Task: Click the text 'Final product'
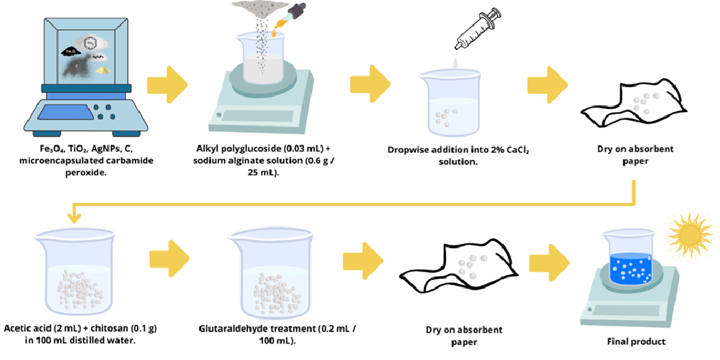coord(635,341)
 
